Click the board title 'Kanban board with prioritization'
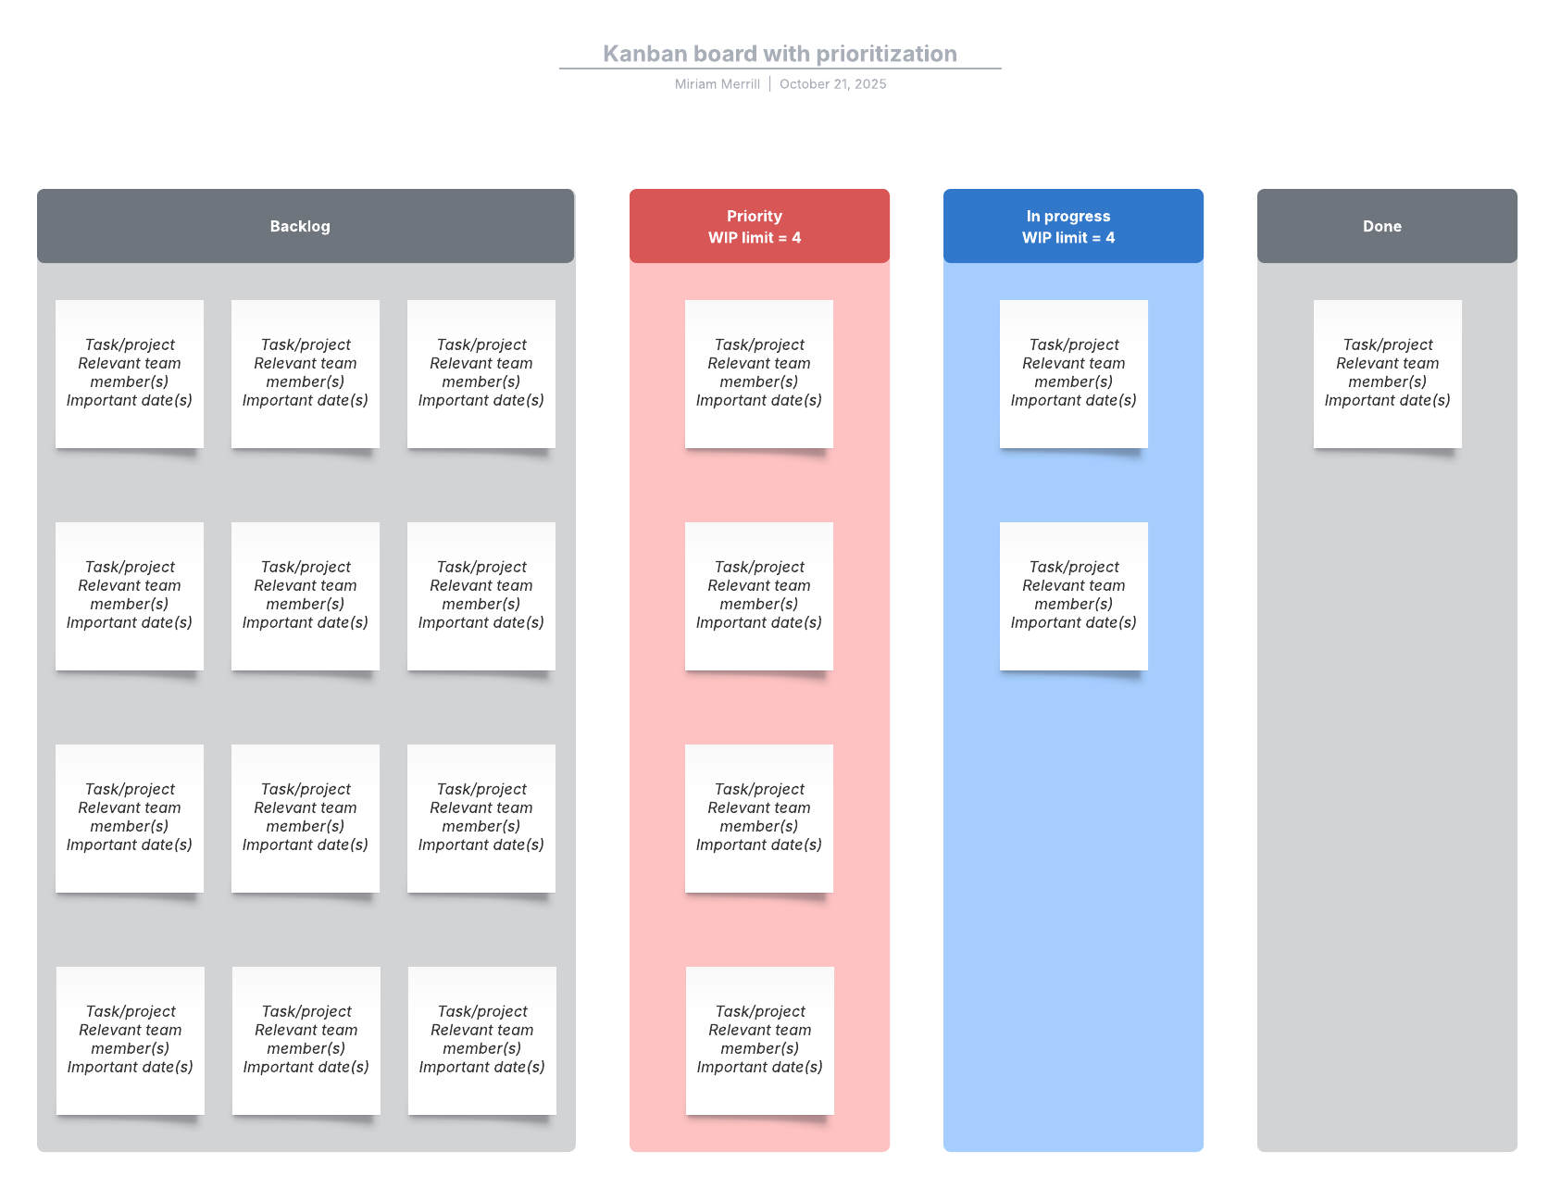point(780,54)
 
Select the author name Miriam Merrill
point(717,84)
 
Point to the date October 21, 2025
point(832,84)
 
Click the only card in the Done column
point(1387,373)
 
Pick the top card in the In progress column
point(1073,373)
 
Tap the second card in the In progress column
point(1073,595)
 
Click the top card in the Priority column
point(759,373)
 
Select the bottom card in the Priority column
point(760,1040)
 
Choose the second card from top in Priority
point(759,595)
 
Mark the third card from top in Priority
point(759,818)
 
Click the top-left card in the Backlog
point(130,373)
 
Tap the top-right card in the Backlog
point(481,373)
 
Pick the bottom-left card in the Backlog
point(131,1040)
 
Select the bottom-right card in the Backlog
point(482,1040)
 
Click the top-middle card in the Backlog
point(306,373)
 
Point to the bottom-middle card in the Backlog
point(306,1040)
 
